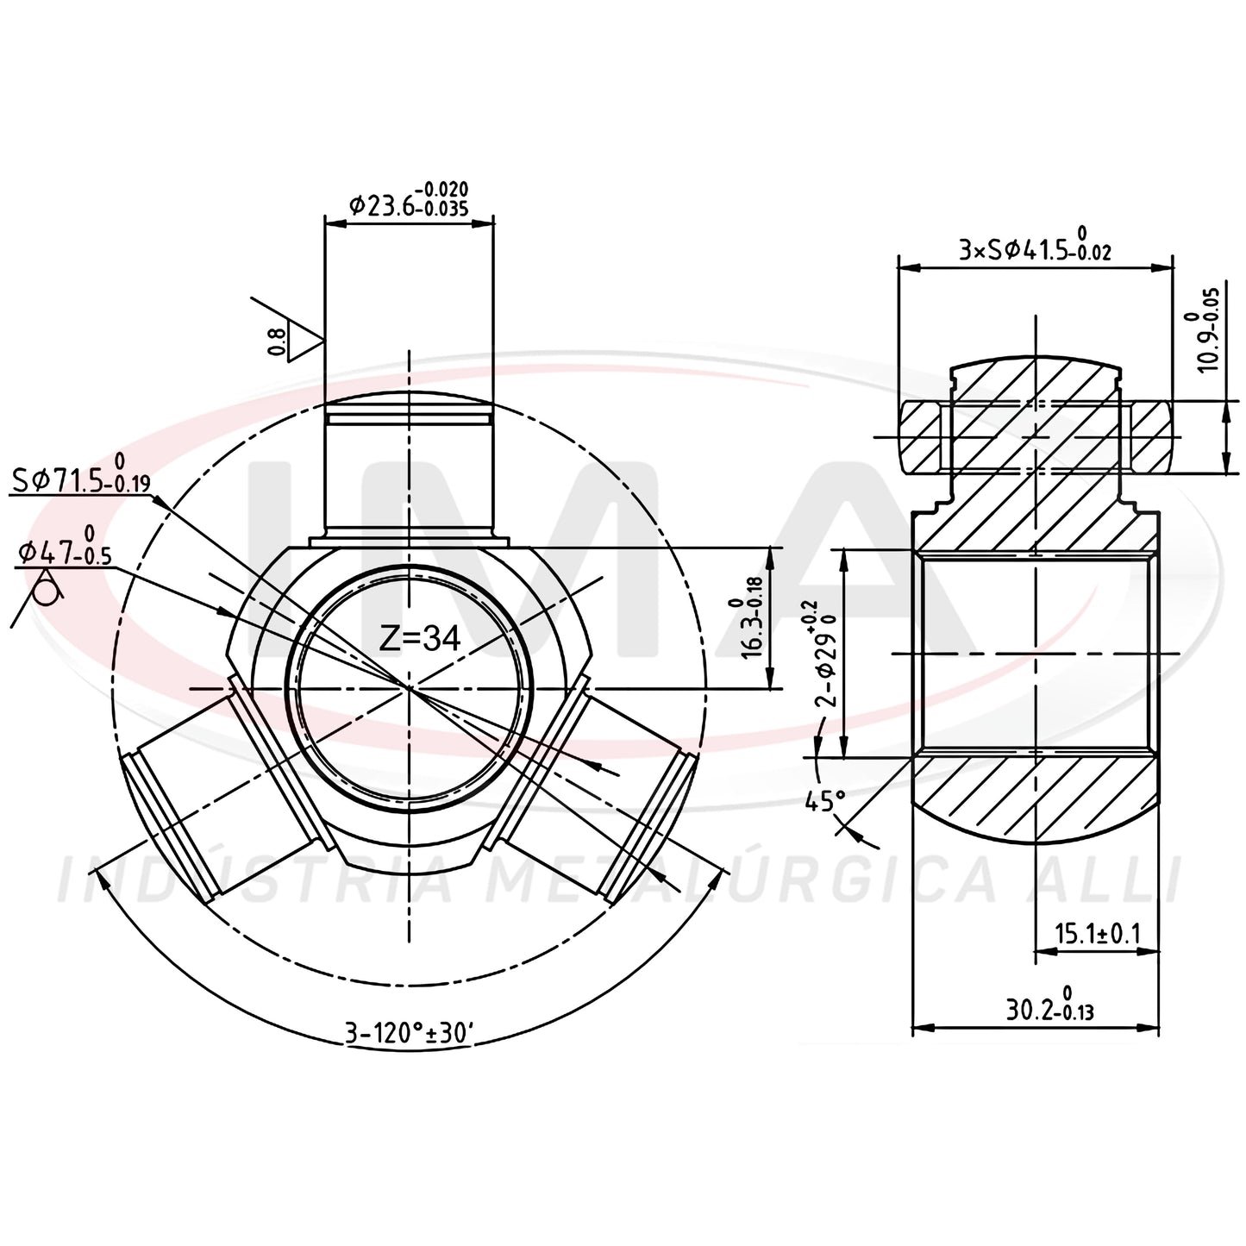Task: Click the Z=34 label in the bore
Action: pos(420,638)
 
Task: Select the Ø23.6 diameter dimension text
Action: pos(408,199)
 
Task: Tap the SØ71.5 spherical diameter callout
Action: pos(81,474)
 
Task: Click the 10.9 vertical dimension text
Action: pos(1200,329)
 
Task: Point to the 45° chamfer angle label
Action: pos(825,802)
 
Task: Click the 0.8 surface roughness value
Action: pos(276,341)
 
